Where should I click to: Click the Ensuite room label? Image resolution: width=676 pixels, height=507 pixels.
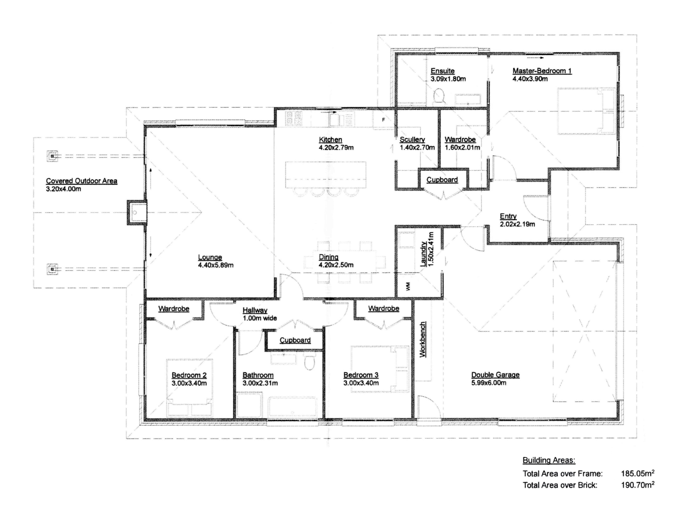[x=442, y=71]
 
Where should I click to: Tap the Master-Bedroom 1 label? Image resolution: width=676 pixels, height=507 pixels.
[x=542, y=71]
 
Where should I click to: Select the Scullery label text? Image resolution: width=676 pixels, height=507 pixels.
[x=412, y=140]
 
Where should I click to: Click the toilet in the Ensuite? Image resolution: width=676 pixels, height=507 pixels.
[x=439, y=96]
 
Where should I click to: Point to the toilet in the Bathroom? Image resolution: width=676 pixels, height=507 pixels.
[x=310, y=362]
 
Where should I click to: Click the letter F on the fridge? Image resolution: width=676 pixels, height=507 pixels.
[x=384, y=120]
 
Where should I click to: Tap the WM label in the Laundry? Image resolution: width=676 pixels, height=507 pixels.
[x=408, y=287]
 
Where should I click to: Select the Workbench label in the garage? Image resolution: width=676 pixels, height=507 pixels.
[x=423, y=340]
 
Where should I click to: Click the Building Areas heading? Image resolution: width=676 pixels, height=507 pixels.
[x=549, y=461]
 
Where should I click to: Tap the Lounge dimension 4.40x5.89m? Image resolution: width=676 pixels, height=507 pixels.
[x=215, y=265]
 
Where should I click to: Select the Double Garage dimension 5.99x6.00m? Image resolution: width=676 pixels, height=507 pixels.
[x=489, y=383]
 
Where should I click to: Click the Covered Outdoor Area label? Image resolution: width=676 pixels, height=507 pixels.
[x=82, y=181]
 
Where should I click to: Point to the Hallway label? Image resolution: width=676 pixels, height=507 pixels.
[x=255, y=310]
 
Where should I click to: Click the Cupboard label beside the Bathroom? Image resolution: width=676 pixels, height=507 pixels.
[x=295, y=340]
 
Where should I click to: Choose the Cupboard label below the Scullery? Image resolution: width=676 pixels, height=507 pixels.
[x=442, y=180]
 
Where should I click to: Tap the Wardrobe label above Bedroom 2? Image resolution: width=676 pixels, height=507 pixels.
[x=174, y=309]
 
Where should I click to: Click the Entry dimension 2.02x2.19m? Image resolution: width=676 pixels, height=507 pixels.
[x=518, y=224]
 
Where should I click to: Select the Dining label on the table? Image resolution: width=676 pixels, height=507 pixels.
[x=329, y=257]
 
